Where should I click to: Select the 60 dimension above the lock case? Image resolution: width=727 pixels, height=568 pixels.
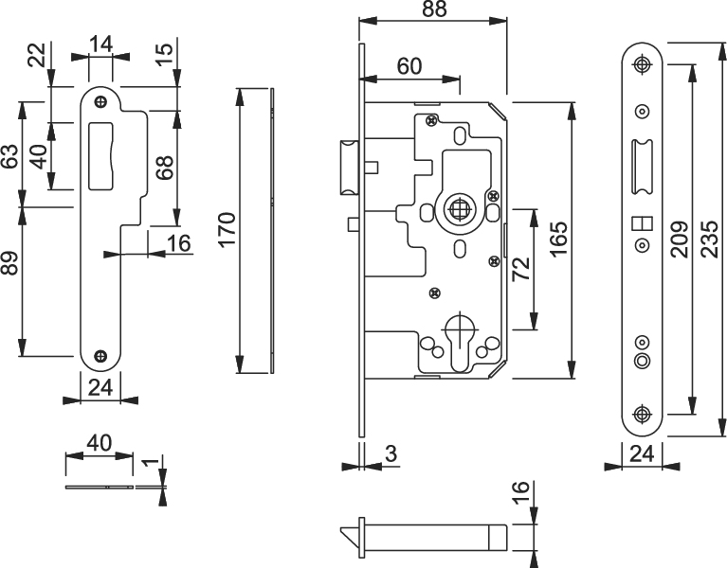(x=409, y=66)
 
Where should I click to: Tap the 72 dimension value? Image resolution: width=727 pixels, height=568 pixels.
(x=520, y=267)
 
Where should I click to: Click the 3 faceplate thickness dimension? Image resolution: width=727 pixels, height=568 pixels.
(x=391, y=455)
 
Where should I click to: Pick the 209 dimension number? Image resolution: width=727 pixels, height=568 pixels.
(x=677, y=240)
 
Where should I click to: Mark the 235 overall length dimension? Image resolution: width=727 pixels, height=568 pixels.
(x=708, y=240)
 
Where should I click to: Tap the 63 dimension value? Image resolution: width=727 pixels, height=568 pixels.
(x=10, y=156)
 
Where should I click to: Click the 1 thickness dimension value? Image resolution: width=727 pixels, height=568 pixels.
(x=147, y=465)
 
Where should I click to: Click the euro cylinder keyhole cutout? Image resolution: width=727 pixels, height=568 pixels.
(x=460, y=342)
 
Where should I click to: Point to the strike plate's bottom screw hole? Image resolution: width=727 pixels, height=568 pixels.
(x=101, y=357)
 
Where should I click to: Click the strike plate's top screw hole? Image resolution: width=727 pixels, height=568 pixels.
(x=102, y=97)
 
